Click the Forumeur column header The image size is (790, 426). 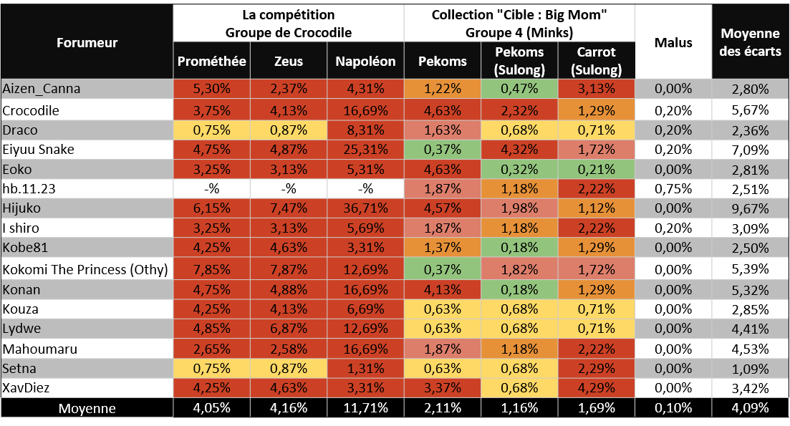[x=87, y=42]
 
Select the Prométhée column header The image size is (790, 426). [x=211, y=62]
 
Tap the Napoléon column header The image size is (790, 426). [x=365, y=62]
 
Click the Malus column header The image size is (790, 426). [x=673, y=42]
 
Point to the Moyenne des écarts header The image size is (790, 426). [x=751, y=42]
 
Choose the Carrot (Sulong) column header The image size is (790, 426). [x=596, y=61]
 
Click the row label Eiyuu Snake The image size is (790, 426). [x=39, y=150]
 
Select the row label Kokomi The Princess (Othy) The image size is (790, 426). [x=85, y=270]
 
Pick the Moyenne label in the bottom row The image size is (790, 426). [x=87, y=409]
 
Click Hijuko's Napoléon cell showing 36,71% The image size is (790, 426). [x=365, y=209]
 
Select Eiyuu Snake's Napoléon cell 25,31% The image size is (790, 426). [x=365, y=150]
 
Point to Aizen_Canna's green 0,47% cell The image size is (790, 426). [x=519, y=89]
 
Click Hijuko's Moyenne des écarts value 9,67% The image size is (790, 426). [x=751, y=209]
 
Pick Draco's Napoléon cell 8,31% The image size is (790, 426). [x=365, y=130]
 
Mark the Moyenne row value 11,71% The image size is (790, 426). [x=365, y=409]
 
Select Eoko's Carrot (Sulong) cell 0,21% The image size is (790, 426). [x=596, y=170]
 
